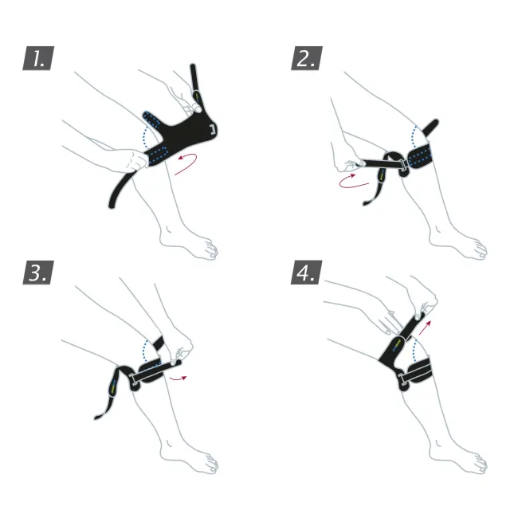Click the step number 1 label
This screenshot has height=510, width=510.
pos(38,58)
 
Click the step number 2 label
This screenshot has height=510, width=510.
pos(307,58)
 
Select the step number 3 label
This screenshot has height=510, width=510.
pos(38,273)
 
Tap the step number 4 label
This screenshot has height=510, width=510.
pos(307,273)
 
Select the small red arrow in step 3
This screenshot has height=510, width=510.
pos(178,379)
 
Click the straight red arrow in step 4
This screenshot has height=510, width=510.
pos(425,328)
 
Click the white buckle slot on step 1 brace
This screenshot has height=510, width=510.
pos(214,129)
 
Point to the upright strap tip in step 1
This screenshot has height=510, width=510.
pos(193,66)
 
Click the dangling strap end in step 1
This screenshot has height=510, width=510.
pos(112,204)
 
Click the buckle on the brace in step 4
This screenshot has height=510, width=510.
pos(402,380)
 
